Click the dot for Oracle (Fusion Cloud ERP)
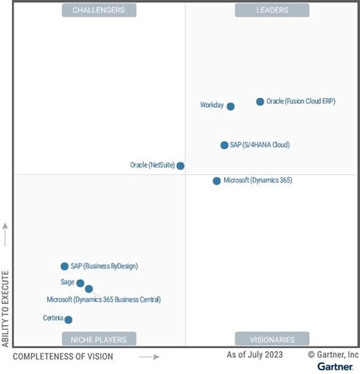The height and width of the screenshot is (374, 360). tap(260, 101)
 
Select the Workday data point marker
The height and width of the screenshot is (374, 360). tap(231, 106)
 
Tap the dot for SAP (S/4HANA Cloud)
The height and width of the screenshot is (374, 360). tap(224, 145)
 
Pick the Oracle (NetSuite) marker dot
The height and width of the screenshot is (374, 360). tap(180, 166)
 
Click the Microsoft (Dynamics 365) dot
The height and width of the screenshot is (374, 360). tap(216, 181)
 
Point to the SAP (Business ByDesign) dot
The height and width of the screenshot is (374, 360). tap(65, 266)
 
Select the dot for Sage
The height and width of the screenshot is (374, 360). tap(81, 283)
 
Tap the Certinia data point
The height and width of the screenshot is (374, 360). tap(68, 320)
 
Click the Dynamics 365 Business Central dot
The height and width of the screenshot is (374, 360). tap(89, 289)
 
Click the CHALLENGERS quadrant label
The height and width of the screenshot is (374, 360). tap(99, 10)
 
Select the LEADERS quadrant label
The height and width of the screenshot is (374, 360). tap(272, 10)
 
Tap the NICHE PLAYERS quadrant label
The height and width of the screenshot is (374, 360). tap(99, 339)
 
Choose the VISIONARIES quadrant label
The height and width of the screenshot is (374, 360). tap(272, 339)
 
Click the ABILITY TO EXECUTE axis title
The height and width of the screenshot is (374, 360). tap(6, 308)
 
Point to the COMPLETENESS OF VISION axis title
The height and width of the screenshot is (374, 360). tap(64, 357)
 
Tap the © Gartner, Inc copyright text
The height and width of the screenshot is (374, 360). tap(333, 354)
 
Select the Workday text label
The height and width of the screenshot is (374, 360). tap(212, 106)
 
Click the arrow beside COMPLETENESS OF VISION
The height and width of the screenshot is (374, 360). tap(148, 357)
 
